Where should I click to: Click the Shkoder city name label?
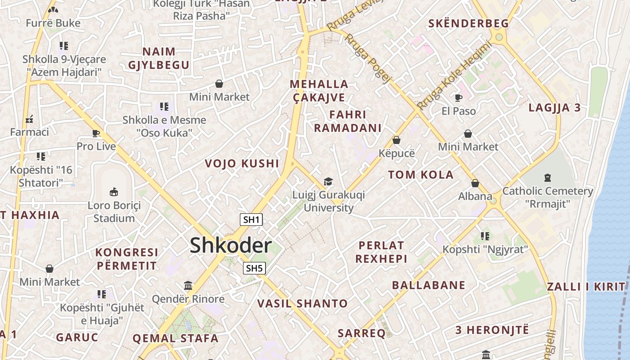tap(230, 246)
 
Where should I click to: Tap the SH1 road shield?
tap(252, 220)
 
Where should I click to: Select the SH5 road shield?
tap(254, 269)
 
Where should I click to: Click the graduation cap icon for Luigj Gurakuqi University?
tap(328, 181)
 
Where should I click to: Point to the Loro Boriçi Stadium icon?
tap(114, 192)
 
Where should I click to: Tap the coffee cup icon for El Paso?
tap(459, 97)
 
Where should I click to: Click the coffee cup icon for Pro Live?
tap(96, 133)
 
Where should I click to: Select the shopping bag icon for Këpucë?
tap(396, 140)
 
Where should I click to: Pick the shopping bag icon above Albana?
tap(475, 183)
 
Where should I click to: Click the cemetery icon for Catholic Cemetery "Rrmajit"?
tap(547, 177)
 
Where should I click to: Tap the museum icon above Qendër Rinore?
tap(188, 285)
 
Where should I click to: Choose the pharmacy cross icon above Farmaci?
tap(29, 119)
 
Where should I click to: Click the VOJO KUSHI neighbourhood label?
tap(242, 163)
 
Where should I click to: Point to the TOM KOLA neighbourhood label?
tap(421, 175)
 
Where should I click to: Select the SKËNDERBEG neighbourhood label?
tap(468, 23)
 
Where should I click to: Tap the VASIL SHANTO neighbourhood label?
tap(302, 304)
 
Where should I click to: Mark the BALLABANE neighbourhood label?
tap(428, 285)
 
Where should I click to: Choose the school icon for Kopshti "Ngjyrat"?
tap(485, 236)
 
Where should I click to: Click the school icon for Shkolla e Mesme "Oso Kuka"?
tap(164, 107)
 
